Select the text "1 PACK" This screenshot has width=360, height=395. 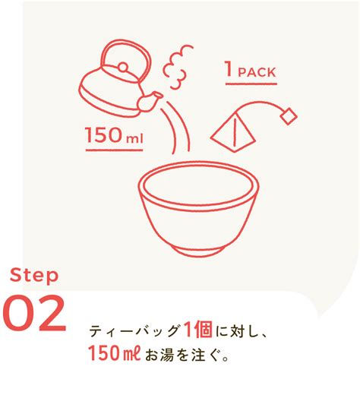(249, 72)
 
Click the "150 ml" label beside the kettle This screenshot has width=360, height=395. (115, 136)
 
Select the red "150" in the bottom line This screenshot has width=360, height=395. (103, 354)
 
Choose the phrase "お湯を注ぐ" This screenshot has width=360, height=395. (181, 355)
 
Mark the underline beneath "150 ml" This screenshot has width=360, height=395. (115, 148)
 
